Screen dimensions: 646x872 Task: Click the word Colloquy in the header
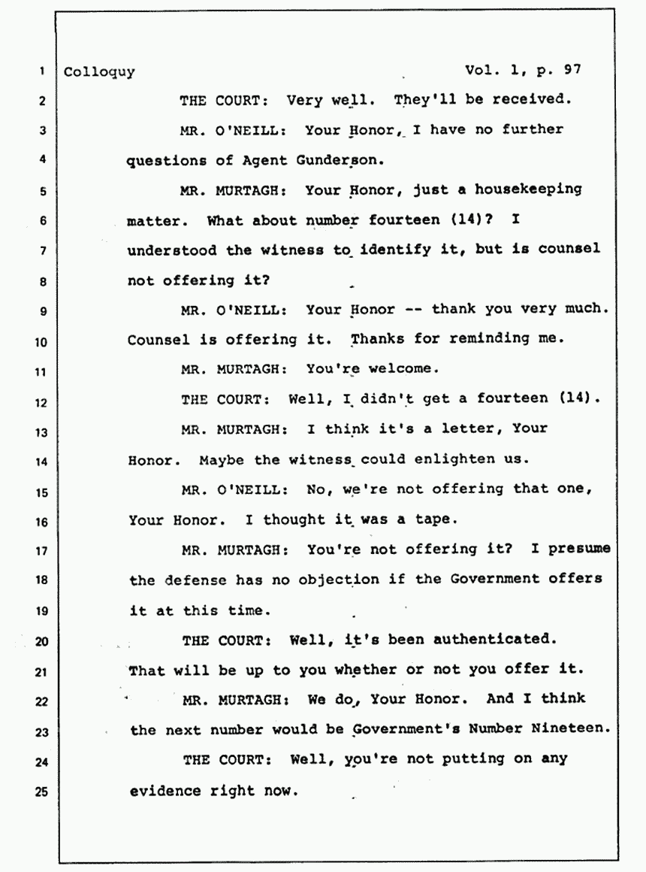click(99, 73)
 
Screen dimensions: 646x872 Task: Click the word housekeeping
click(528, 190)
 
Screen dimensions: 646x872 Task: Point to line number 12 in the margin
click(41, 403)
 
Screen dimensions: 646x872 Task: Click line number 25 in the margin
click(41, 792)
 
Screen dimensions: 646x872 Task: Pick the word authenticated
click(494, 640)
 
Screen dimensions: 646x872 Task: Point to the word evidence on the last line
click(165, 791)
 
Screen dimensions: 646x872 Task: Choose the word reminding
click(489, 339)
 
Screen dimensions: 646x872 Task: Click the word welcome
click(403, 368)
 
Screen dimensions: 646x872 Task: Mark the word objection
click(339, 580)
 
